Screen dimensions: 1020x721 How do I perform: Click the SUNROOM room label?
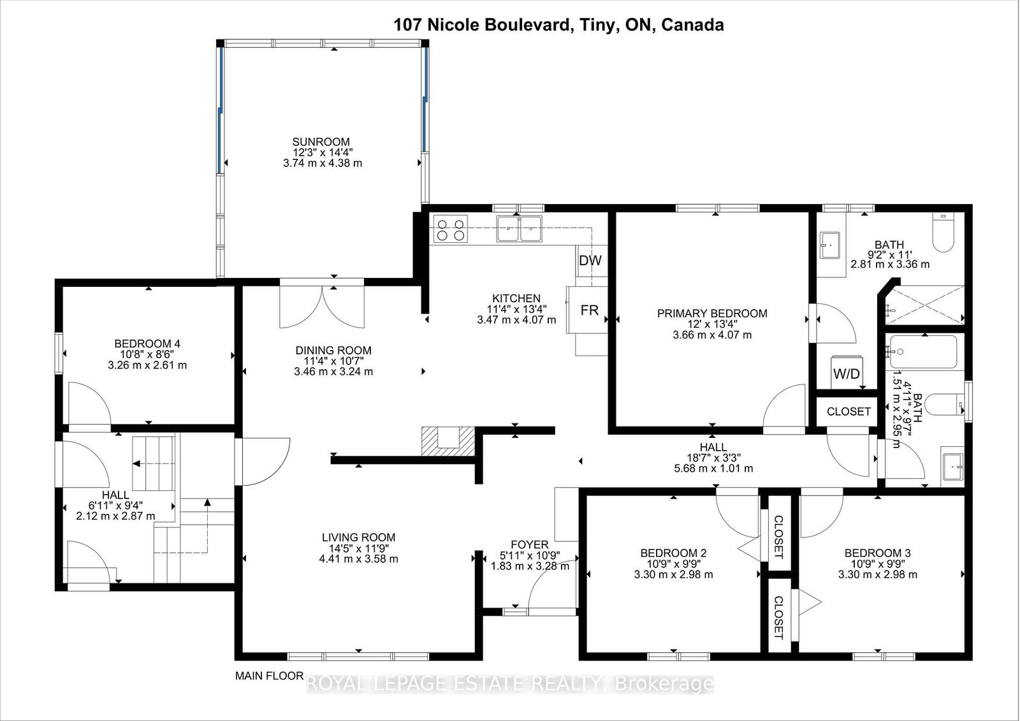pyautogui.click(x=321, y=142)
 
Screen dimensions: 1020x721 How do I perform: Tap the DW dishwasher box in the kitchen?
pyautogui.click(x=590, y=261)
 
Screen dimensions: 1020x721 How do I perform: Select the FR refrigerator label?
pyautogui.click(x=589, y=310)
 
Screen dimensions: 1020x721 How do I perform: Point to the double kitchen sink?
pyautogui.click(x=519, y=229)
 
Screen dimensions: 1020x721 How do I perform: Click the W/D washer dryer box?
pyautogui.click(x=847, y=372)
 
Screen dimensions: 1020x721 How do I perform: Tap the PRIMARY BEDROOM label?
pyautogui.click(x=712, y=314)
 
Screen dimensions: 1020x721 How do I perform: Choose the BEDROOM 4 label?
pyautogui.click(x=147, y=344)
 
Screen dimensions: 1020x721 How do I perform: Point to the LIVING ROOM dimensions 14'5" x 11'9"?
pyautogui.click(x=358, y=548)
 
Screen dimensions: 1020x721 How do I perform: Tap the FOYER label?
pyautogui.click(x=530, y=545)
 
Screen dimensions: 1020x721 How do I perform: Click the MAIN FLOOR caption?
pyautogui.click(x=269, y=676)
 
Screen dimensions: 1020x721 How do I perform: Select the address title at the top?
pyautogui.click(x=558, y=25)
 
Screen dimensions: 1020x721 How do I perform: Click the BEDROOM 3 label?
pyautogui.click(x=877, y=553)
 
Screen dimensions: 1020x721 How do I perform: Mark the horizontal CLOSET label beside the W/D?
pyautogui.click(x=849, y=411)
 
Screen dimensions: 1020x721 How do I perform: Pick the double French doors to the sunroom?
pyautogui.click(x=322, y=306)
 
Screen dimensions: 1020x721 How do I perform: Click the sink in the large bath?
pyautogui.click(x=830, y=245)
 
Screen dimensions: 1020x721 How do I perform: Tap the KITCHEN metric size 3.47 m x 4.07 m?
pyautogui.click(x=516, y=320)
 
